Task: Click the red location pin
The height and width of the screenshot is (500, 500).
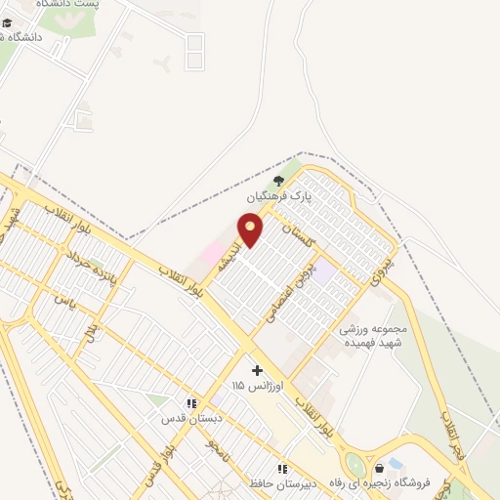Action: (251, 229)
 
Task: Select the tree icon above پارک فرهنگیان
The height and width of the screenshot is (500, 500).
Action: (278, 180)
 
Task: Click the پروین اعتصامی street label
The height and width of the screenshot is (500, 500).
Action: (310, 283)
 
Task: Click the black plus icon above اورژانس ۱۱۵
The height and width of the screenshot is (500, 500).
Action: (258, 370)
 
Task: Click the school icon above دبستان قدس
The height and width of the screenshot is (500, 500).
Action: (192, 402)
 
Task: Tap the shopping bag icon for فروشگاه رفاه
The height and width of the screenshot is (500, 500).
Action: (379, 469)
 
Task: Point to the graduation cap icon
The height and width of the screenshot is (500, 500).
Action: (8, 22)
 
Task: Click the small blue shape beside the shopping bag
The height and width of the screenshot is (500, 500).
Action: (396, 462)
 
